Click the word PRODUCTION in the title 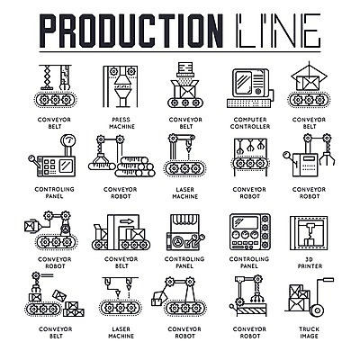pos(131,30)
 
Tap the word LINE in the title pos(278,30)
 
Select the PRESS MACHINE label pos(121,123)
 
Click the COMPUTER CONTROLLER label pos(250,123)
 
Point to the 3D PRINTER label pos(310,263)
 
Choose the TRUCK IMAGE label pos(310,333)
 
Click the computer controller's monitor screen pos(243,83)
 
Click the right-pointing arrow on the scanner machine pos(126,221)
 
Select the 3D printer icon pos(309,233)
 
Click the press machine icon pos(121,86)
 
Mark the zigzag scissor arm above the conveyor pos(47,77)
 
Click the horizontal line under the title pos(180,52)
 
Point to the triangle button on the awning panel pos(177,241)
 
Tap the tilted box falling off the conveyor pos(58,294)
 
